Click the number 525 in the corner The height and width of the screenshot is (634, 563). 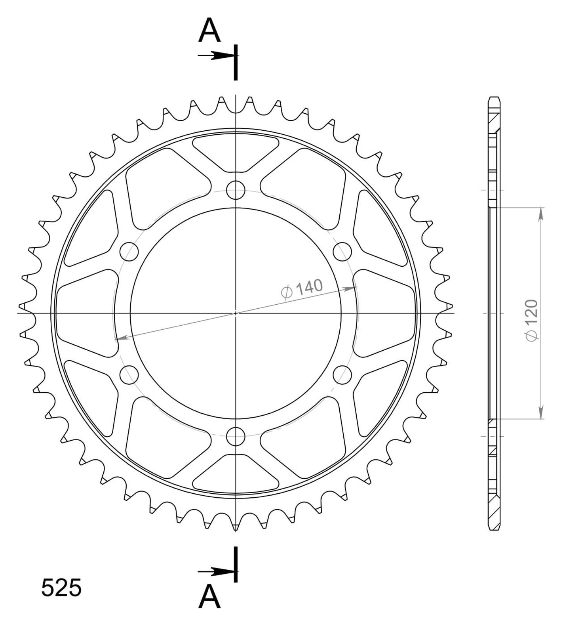pyautogui.click(x=61, y=588)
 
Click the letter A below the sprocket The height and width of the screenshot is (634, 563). pyautogui.click(x=209, y=597)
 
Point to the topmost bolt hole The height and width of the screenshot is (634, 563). pyautogui.click(x=236, y=190)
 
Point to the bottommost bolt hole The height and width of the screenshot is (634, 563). pyautogui.click(x=236, y=436)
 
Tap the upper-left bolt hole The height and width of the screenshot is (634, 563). pyautogui.click(x=129, y=251)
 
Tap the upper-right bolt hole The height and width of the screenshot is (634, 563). pyautogui.click(x=342, y=251)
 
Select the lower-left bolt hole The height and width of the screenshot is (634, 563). pyautogui.click(x=129, y=374)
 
